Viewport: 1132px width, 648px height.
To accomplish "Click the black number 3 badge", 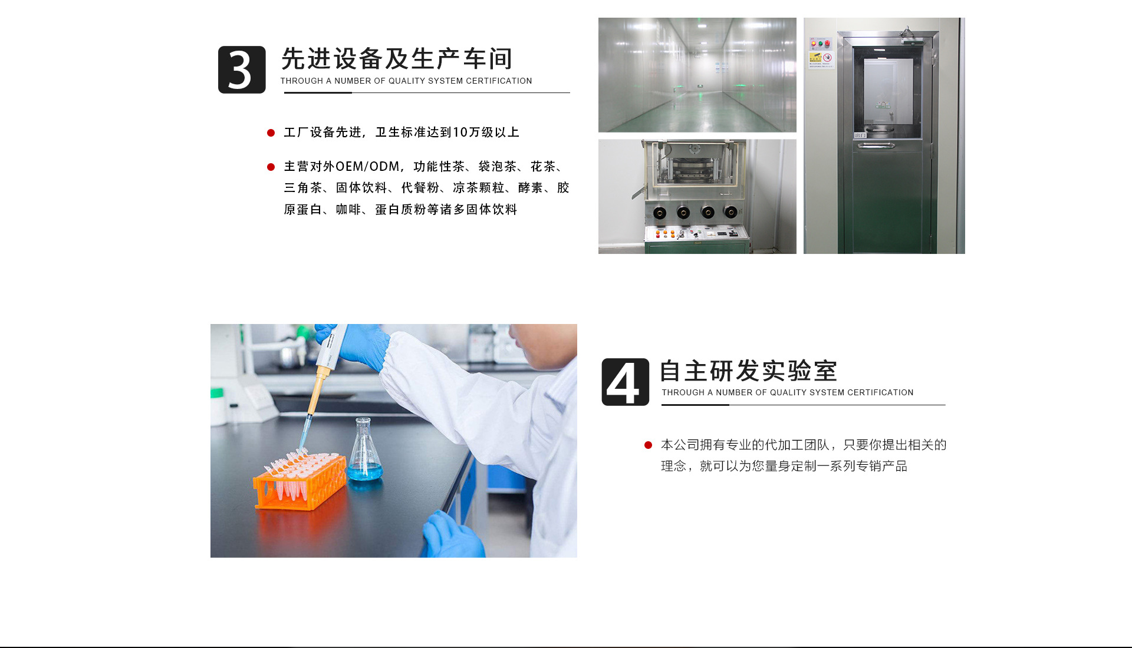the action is pyautogui.click(x=242, y=70).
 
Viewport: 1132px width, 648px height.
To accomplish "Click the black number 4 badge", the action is pyautogui.click(x=625, y=382).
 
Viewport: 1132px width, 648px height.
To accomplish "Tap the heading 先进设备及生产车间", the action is pyautogui.click(x=397, y=59).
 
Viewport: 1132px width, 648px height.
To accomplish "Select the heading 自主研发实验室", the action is pyautogui.click(x=748, y=371).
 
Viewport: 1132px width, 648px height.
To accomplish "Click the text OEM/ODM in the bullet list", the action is pyautogui.click(x=367, y=167).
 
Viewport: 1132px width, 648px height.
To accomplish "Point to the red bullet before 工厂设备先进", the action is pyautogui.click(x=271, y=133).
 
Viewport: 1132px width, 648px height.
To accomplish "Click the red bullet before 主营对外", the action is pyautogui.click(x=271, y=167).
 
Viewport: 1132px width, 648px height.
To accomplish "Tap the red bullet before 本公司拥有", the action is pyautogui.click(x=648, y=445).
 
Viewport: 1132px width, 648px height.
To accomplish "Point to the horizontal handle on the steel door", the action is pyautogui.click(x=876, y=145).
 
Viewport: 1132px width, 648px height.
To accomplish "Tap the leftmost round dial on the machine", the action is pyautogui.click(x=660, y=213).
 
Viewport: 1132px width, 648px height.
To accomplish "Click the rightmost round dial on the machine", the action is pyautogui.click(x=730, y=212).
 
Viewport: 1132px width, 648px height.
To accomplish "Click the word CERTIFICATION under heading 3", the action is pyautogui.click(x=499, y=81).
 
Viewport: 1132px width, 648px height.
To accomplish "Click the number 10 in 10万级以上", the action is pyautogui.click(x=459, y=133).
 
